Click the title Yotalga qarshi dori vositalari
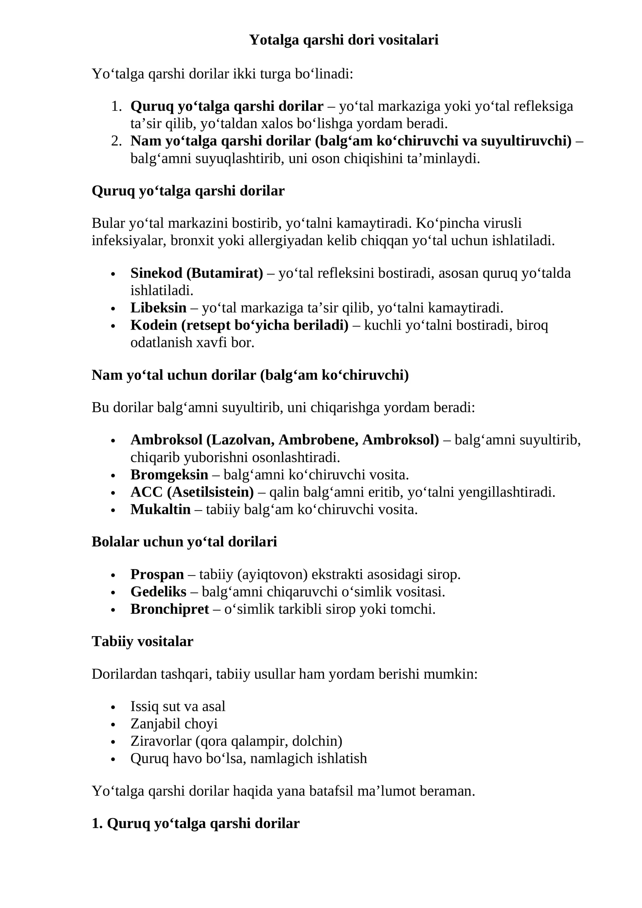(x=343, y=40)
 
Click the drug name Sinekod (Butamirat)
(x=197, y=273)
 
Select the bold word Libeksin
(x=158, y=308)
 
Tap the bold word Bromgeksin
(x=169, y=474)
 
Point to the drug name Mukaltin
(x=160, y=509)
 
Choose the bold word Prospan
(x=157, y=574)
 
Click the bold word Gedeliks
(x=158, y=592)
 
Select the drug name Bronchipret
(x=169, y=609)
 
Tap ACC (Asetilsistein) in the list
(x=192, y=492)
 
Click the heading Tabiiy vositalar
(x=142, y=641)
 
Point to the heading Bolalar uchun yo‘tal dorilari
(x=184, y=542)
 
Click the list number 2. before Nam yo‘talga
(x=116, y=141)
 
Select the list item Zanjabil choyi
(x=174, y=724)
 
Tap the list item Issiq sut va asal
(x=178, y=706)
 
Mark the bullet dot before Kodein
(x=113, y=326)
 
